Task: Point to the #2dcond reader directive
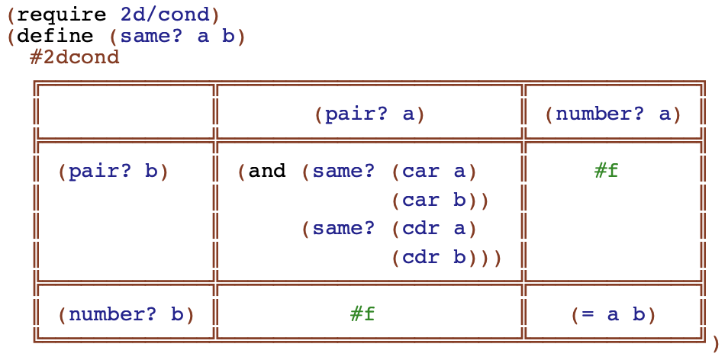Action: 74,57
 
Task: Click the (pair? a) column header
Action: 369,114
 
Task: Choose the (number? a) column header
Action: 613,114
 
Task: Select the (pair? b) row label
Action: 113,172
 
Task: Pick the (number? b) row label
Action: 126,314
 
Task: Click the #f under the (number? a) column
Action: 606,172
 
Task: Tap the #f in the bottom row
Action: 362,314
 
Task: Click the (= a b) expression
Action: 613,314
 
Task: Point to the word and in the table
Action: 267,172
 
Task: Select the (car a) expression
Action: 433,172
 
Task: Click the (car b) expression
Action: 433,201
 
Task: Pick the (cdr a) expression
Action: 433,229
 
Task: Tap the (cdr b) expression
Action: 433,258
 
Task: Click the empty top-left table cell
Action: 125,113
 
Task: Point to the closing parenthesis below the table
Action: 715,344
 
